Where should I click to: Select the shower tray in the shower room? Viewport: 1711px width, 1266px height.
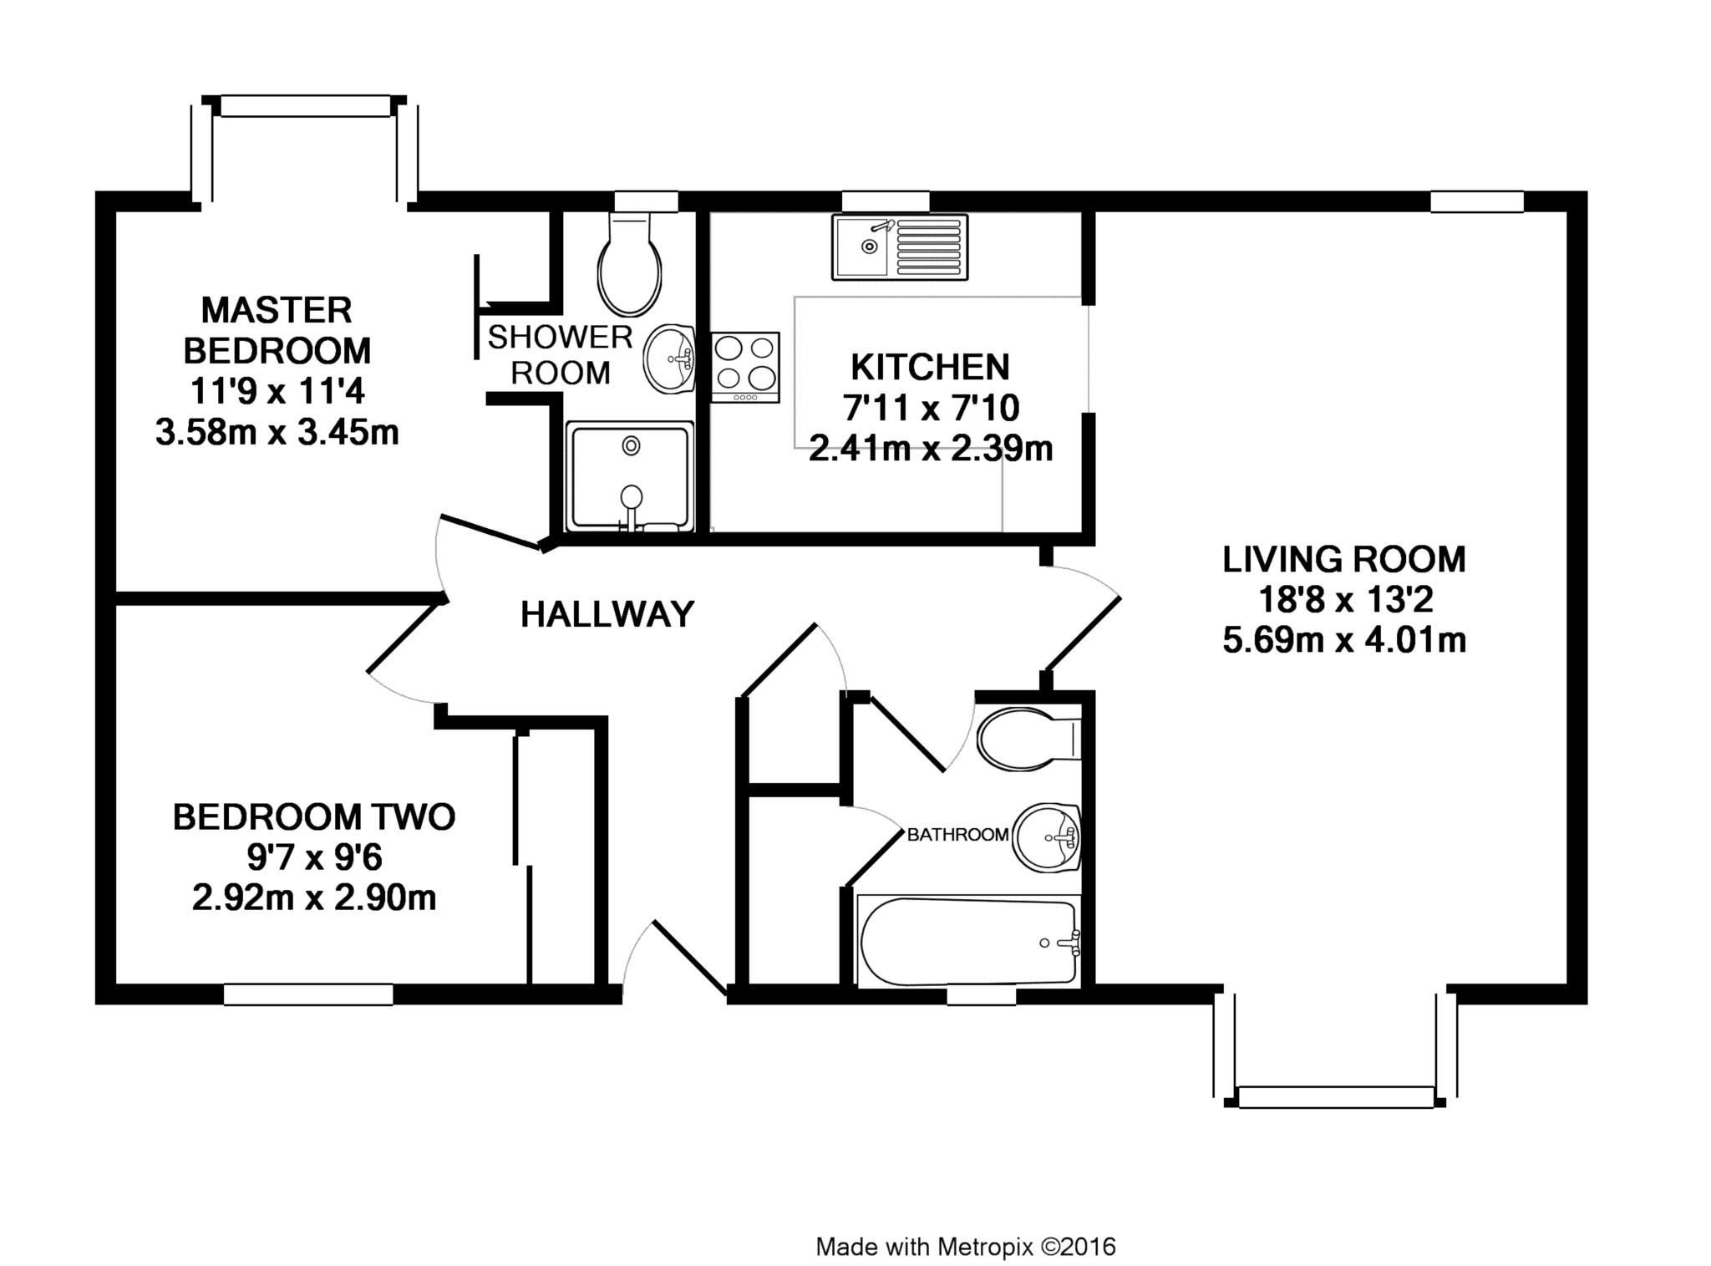pos(630,476)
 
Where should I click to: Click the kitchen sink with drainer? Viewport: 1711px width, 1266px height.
pos(900,247)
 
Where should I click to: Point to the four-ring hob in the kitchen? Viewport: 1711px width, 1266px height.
pos(745,368)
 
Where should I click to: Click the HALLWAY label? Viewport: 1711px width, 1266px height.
pos(607,614)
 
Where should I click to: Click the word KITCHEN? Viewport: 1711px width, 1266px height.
pos(930,367)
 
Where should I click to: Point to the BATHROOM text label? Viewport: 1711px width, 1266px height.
pos(957,834)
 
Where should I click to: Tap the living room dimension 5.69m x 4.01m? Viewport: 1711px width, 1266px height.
pos(1344,640)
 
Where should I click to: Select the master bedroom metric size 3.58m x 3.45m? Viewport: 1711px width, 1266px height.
pos(277,432)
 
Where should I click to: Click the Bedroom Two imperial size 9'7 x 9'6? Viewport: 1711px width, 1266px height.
pos(314,857)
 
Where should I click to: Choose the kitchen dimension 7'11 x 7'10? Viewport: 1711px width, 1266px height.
pos(930,408)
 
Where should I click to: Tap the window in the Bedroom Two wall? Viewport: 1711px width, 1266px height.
pos(308,994)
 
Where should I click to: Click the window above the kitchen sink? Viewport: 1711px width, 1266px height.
pos(886,201)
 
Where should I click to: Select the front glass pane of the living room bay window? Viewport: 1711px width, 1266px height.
pos(1336,1097)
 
